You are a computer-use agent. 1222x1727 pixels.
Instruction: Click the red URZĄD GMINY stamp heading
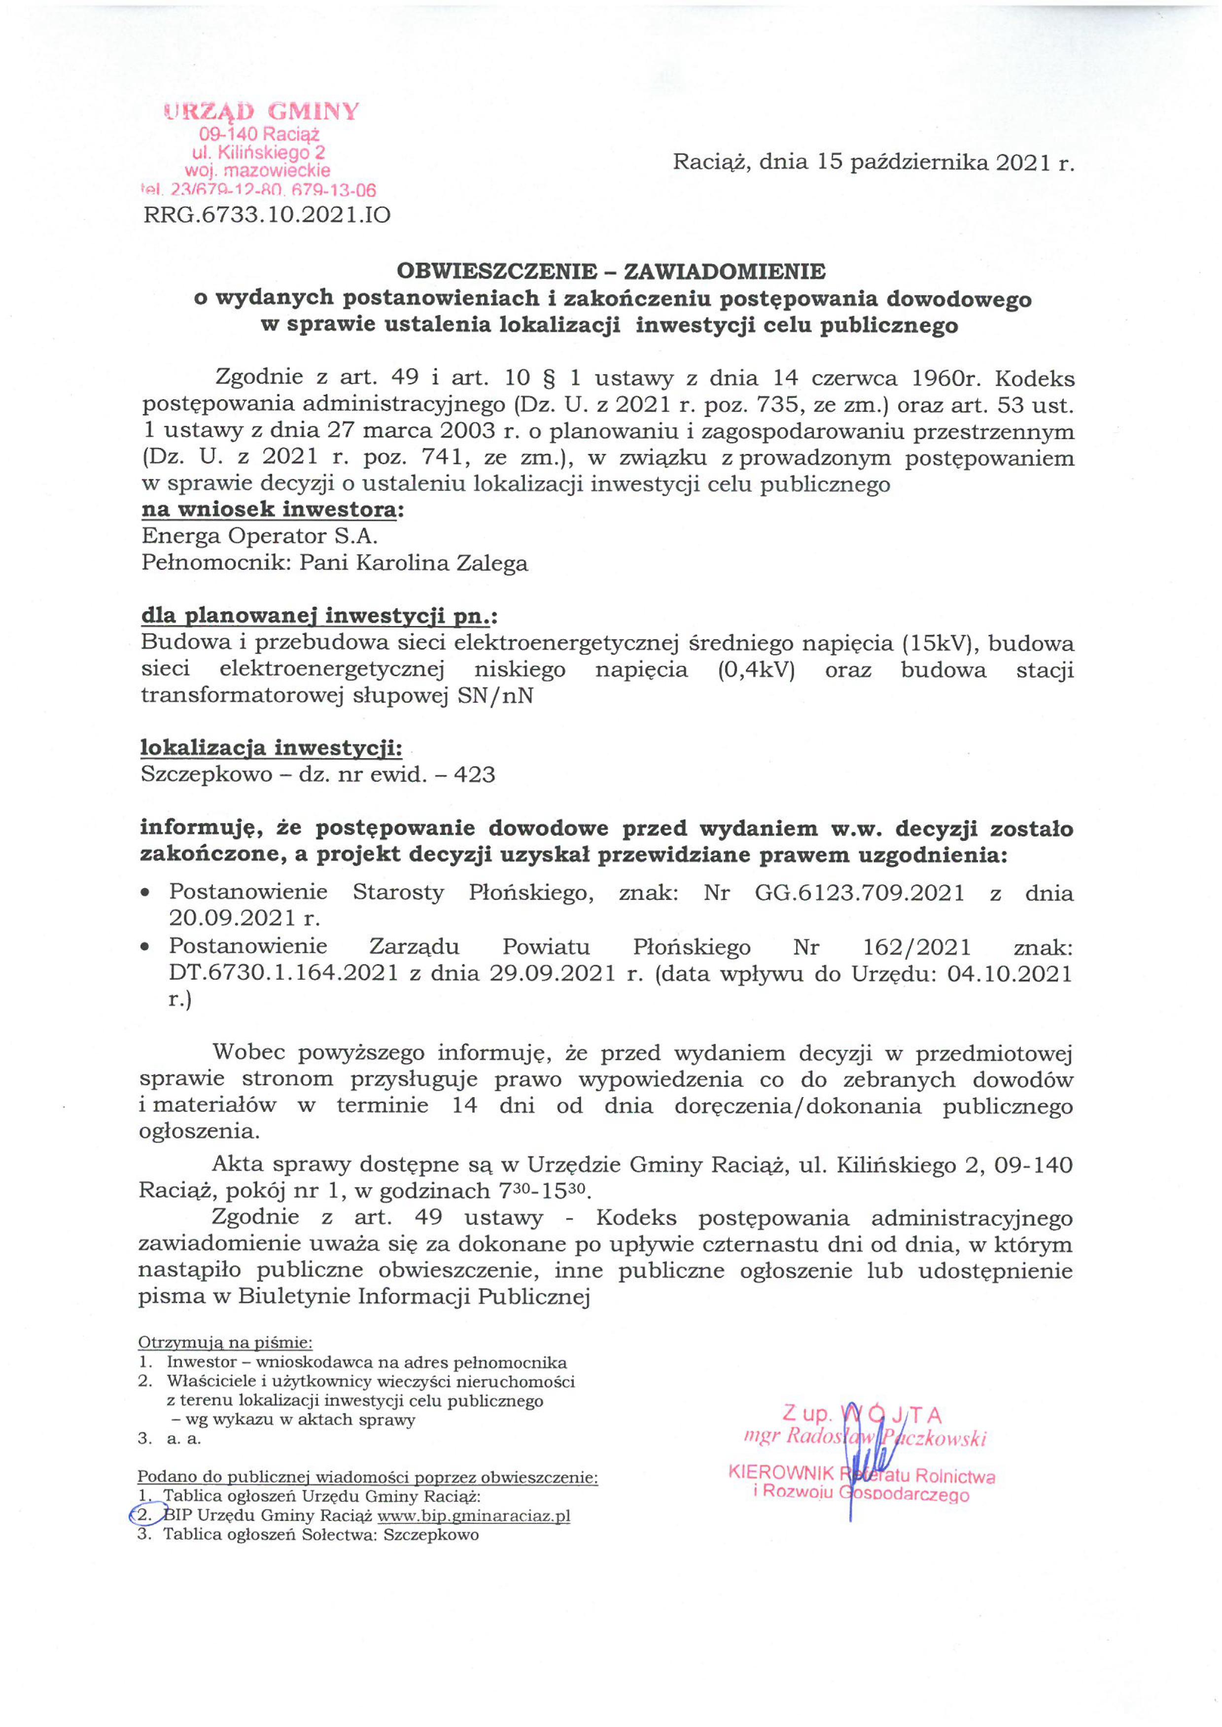(x=261, y=112)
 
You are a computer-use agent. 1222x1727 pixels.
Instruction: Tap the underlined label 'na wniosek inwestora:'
(x=273, y=510)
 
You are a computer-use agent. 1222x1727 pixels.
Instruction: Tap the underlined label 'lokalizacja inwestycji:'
(x=271, y=749)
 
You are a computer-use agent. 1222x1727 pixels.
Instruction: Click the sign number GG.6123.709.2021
(x=859, y=893)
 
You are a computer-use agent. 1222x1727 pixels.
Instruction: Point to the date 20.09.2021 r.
(x=244, y=918)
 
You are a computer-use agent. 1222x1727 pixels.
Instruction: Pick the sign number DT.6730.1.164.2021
(x=283, y=973)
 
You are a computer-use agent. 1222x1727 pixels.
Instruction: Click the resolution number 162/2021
(x=919, y=947)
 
